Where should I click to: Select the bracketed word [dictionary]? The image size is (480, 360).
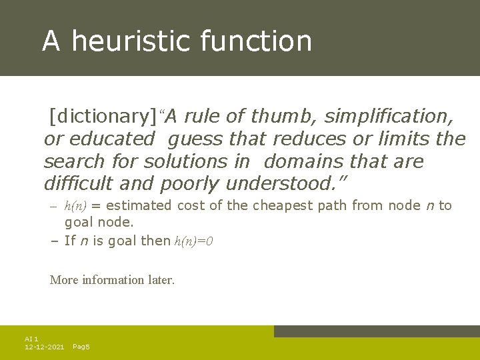coord(103,117)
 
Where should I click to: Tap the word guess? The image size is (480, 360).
coord(196,139)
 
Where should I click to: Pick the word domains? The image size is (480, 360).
coord(307,162)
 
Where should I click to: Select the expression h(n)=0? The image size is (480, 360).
coord(193,241)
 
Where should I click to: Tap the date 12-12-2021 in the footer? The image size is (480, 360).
coord(44,347)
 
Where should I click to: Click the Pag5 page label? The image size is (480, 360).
coord(81,347)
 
